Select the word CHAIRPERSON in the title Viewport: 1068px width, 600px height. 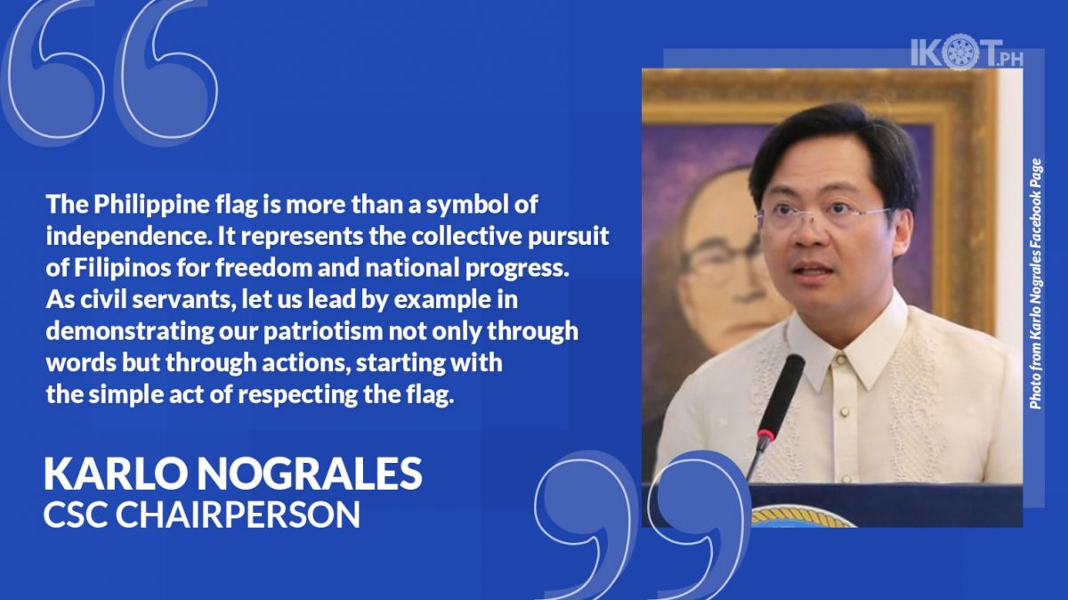[238, 515]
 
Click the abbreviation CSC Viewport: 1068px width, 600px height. [76, 515]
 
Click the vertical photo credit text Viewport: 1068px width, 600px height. [1036, 284]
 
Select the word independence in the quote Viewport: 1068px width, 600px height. [128, 237]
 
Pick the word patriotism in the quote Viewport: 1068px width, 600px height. [323, 332]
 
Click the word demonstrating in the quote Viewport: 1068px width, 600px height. [130, 332]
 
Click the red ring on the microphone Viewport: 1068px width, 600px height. [765, 434]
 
